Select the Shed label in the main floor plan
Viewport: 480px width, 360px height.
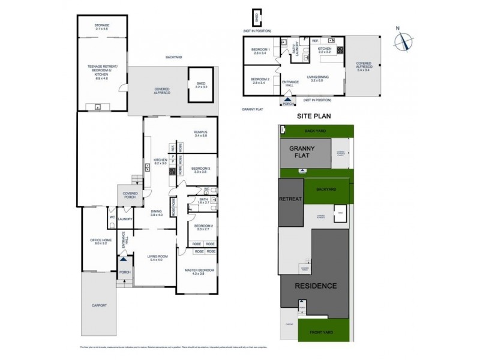coord(201,85)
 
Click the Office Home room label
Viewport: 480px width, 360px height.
coord(98,241)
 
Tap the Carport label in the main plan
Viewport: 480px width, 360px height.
coord(100,305)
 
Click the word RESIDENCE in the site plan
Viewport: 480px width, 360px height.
coord(316,286)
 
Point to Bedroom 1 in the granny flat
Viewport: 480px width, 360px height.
coord(260,50)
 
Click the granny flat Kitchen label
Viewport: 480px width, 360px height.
coord(325,50)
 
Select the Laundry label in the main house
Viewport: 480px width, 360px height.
coord(125,219)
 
